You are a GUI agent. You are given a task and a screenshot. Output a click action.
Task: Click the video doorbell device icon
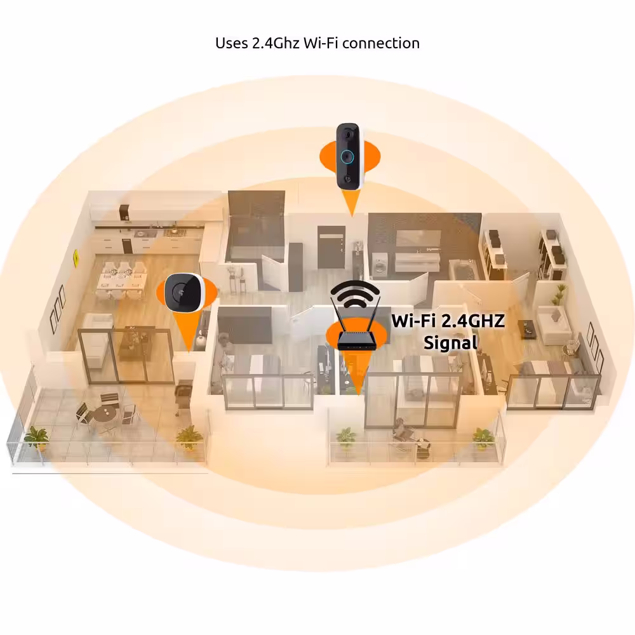[x=351, y=156]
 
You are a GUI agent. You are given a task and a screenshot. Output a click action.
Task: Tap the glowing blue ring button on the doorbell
[x=347, y=156]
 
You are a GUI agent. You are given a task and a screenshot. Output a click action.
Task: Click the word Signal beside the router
[x=451, y=343]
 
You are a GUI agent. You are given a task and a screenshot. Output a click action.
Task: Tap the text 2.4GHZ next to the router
[x=472, y=321]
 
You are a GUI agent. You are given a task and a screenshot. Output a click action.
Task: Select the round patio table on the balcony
[x=105, y=413]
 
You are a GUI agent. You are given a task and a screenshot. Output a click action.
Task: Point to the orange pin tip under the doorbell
[x=352, y=215]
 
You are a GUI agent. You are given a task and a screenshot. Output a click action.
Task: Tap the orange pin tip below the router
[x=358, y=393]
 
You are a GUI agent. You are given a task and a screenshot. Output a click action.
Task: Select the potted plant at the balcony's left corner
[x=36, y=439]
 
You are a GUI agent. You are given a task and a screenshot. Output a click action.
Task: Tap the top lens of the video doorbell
[x=348, y=133]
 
